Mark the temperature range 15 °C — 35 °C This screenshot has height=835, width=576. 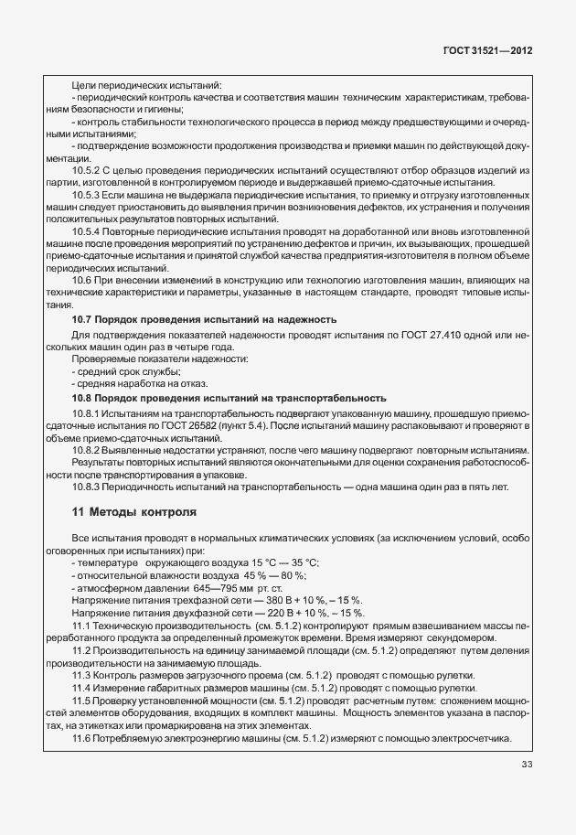280,562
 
